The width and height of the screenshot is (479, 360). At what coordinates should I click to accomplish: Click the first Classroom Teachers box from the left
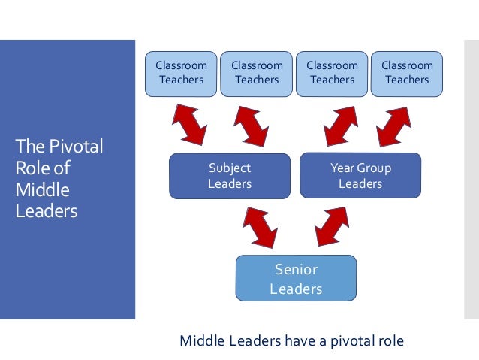pos(181,73)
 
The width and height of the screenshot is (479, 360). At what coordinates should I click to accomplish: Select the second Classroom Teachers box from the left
pos(256,73)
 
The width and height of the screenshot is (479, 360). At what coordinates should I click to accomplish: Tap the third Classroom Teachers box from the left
pos(331,73)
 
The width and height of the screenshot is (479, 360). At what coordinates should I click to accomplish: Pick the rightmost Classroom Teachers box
pos(407,73)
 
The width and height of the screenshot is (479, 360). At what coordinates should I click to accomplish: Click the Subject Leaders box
pos(230,176)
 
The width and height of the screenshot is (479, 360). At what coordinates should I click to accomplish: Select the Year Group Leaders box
pos(360,176)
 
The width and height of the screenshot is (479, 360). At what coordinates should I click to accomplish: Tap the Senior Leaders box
pos(296,278)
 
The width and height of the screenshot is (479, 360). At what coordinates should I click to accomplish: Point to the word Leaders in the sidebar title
pos(46,211)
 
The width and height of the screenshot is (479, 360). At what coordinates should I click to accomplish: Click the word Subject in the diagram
pos(230,168)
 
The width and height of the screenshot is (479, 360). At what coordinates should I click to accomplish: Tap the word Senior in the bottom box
pos(296,270)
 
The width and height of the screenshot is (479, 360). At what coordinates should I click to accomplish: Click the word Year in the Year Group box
pos(342,168)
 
